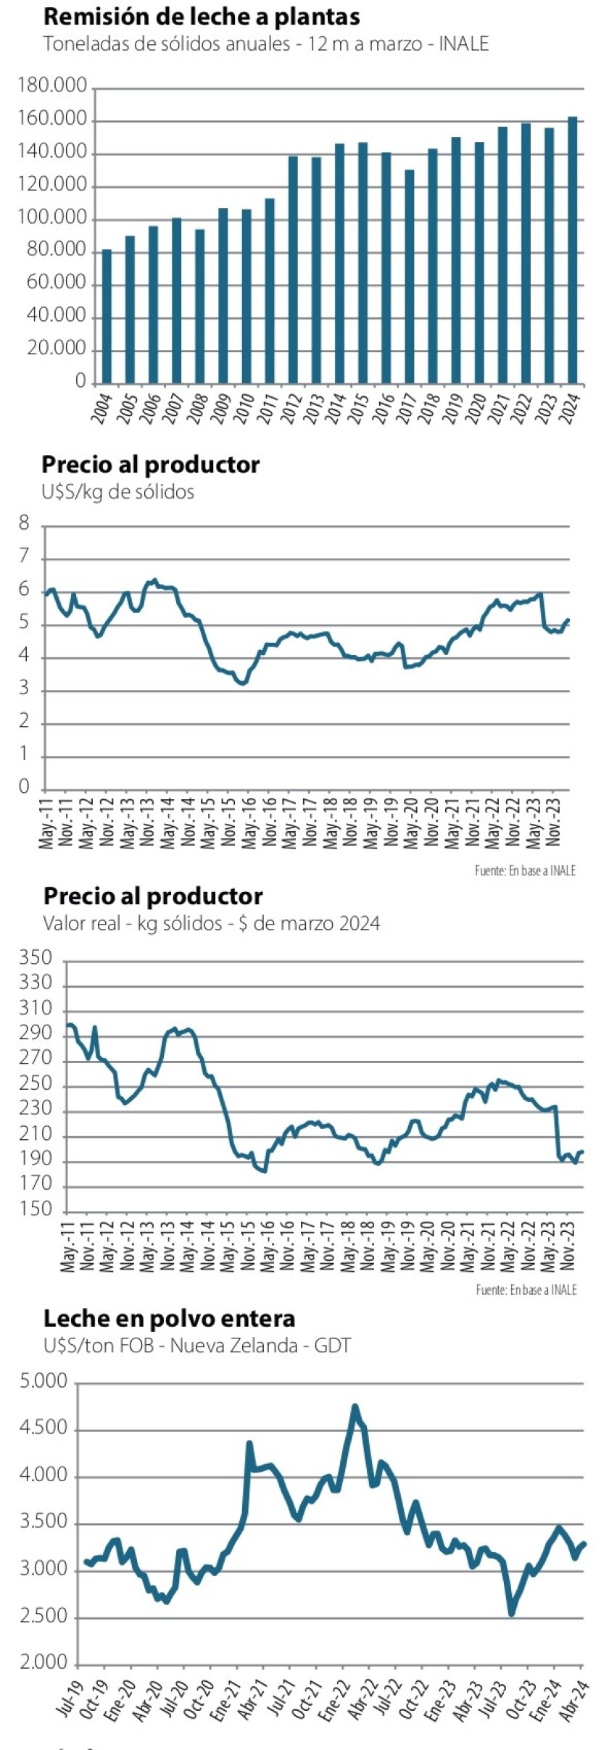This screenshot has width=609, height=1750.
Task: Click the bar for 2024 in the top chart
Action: pos(573,250)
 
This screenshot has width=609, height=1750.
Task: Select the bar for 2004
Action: pos(107,316)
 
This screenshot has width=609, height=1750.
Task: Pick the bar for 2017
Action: pos(410,276)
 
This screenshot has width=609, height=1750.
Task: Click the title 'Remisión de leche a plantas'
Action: pos(202,17)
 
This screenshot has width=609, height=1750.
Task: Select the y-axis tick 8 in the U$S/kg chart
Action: pos(25,523)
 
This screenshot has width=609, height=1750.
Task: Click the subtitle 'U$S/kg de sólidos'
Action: pos(118,492)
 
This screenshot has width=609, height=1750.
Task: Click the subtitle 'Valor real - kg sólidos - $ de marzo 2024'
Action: pos(211,923)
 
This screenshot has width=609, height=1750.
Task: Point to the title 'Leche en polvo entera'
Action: pos(169,1318)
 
